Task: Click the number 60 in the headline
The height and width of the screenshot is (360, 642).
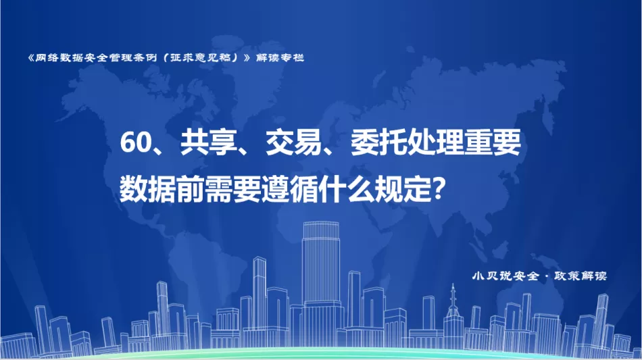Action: click(x=137, y=143)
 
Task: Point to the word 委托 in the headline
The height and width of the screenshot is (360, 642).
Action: click(x=378, y=143)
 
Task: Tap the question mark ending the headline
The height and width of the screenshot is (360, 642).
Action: click(x=439, y=189)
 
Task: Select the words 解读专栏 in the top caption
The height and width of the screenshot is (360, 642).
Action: click(x=280, y=57)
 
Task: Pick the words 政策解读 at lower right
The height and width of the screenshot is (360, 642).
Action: click(x=581, y=276)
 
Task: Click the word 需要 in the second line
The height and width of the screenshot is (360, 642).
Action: click(x=232, y=189)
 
